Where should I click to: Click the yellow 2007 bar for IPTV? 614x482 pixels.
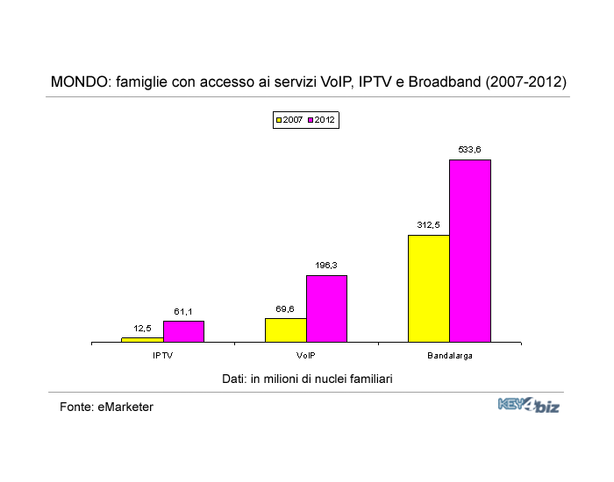click(142, 339)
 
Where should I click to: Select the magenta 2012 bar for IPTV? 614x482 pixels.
click(183, 331)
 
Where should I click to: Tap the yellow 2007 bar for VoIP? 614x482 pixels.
click(285, 330)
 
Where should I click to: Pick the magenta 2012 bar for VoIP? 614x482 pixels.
click(326, 308)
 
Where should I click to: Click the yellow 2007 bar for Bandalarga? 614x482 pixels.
click(429, 288)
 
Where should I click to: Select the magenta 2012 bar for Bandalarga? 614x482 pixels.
click(470, 251)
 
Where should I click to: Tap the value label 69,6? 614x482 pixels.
click(284, 308)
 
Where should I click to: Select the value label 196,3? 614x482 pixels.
click(325, 265)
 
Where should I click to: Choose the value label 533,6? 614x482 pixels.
click(469, 150)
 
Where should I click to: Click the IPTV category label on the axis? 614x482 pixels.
click(162, 356)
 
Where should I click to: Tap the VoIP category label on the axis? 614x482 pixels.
click(306, 356)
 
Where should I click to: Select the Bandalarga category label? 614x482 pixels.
click(450, 356)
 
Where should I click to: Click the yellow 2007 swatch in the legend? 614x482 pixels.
click(279, 119)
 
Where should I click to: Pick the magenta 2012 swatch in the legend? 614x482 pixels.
click(310, 119)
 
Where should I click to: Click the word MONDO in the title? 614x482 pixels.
click(77, 82)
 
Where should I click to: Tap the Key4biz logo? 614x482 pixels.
click(528, 405)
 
